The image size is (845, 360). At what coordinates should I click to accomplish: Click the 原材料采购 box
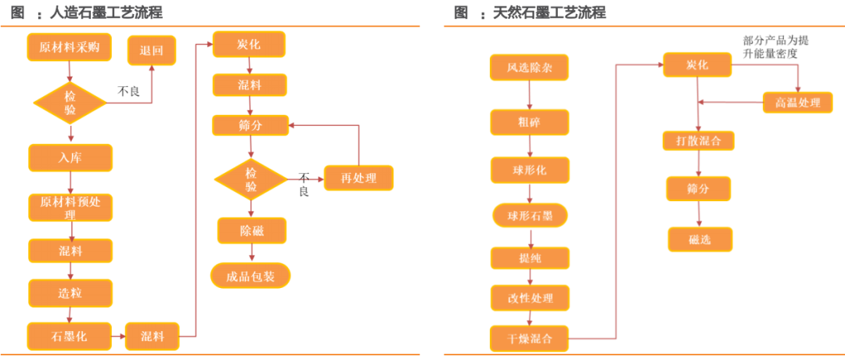coord(70,47)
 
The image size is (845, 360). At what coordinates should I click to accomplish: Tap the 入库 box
coord(70,157)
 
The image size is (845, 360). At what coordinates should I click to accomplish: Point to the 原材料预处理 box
coord(70,207)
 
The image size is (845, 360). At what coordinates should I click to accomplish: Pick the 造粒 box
coord(70,293)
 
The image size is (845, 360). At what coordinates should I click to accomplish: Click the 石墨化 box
coord(70,337)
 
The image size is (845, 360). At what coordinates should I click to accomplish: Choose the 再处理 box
coord(358,178)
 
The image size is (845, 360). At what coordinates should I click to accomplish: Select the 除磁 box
coord(251,231)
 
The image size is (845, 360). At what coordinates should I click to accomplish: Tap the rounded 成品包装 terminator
coord(250,275)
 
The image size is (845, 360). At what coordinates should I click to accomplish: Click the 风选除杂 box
coord(530,68)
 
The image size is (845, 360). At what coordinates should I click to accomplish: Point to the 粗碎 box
coord(530,122)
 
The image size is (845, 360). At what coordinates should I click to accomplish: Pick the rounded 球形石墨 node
coord(530,215)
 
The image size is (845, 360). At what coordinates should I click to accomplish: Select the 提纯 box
coord(530,257)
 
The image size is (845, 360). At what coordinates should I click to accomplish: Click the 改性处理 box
coord(530,298)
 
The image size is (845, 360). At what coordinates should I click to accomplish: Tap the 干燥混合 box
coord(530,339)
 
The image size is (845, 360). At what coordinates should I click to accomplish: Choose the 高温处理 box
coord(797,103)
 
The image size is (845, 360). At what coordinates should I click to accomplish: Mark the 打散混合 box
coord(699,141)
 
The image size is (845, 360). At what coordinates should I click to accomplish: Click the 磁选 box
coord(699,239)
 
